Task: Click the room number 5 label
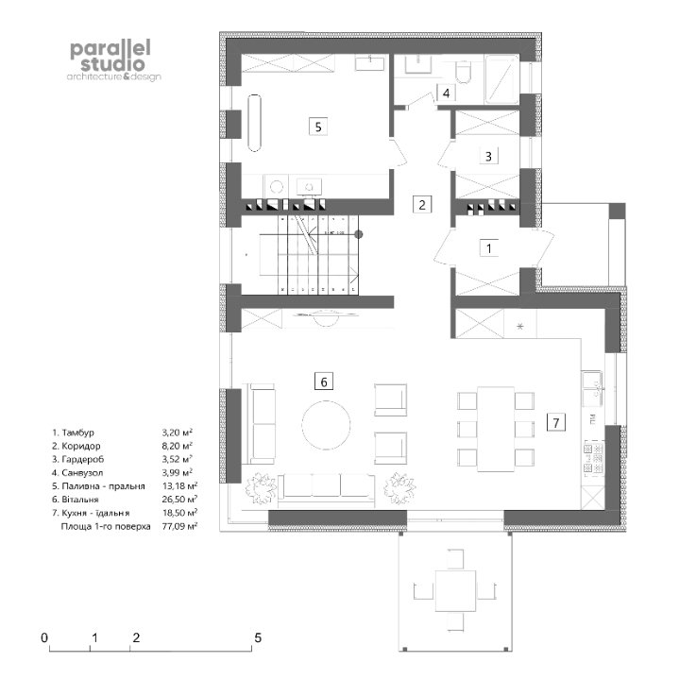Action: pos(318,127)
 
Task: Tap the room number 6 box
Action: pos(324,382)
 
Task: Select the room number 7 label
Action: pos(556,422)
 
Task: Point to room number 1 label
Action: pos(489,248)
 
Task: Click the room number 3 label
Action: pos(488,156)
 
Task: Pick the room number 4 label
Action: pos(446,93)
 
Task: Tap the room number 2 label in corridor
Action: pos(422,204)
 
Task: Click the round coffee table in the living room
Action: pos(326,425)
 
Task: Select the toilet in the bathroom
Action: pos(463,72)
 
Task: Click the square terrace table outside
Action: pos(455,590)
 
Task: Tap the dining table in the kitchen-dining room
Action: pos(496,429)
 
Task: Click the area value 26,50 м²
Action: pos(179,500)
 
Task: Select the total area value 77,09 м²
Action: pos(179,526)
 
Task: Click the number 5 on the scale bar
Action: pos(258,637)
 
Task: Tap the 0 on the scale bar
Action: pos(44,637)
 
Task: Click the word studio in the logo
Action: pos(112,64)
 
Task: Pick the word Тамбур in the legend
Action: pos(78,433)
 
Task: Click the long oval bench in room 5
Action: pos(255,123)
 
